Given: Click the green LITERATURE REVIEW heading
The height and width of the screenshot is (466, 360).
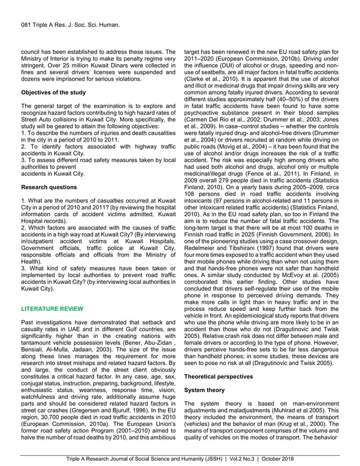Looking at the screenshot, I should point(52,309).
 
